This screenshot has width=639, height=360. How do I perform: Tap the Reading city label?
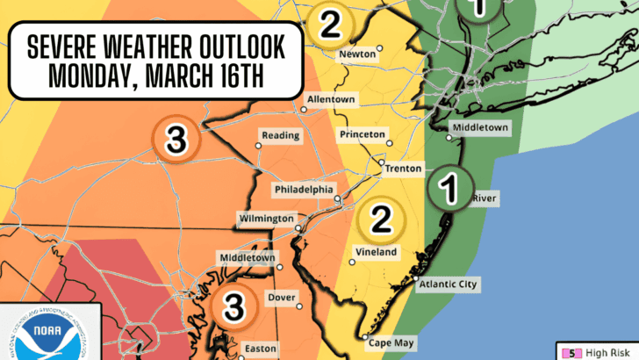coord(281,136)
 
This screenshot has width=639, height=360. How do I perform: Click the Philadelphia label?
coord(304,189)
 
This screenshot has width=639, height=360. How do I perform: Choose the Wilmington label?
coord(266,218)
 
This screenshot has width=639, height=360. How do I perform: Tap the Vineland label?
coord(377,252)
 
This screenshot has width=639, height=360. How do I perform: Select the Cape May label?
coord(391,342)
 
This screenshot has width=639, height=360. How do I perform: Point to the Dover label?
coord(281,298)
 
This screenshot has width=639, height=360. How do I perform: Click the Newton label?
coord(358,54)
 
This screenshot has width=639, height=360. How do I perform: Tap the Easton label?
coord(261,349)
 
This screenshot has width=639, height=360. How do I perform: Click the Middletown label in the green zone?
coord(480,128)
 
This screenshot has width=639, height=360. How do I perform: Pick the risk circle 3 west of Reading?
coord(175,139)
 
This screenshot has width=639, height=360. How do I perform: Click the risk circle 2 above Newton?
coord(330,24)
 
